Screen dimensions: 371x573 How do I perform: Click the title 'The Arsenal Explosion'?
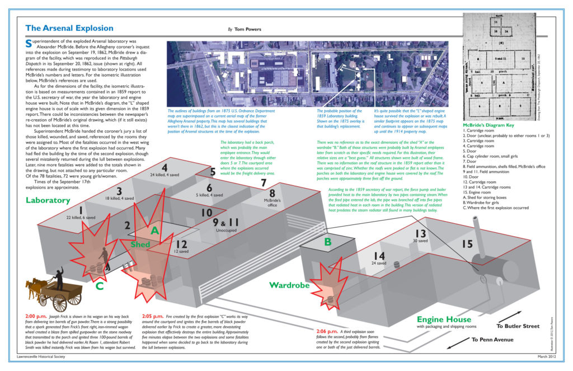[x=69, y=28]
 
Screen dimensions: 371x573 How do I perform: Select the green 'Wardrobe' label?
[x=290, y=285]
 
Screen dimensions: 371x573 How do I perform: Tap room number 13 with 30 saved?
[x=421, y=234]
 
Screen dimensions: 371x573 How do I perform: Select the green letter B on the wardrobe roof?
[x=327, y=242]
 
